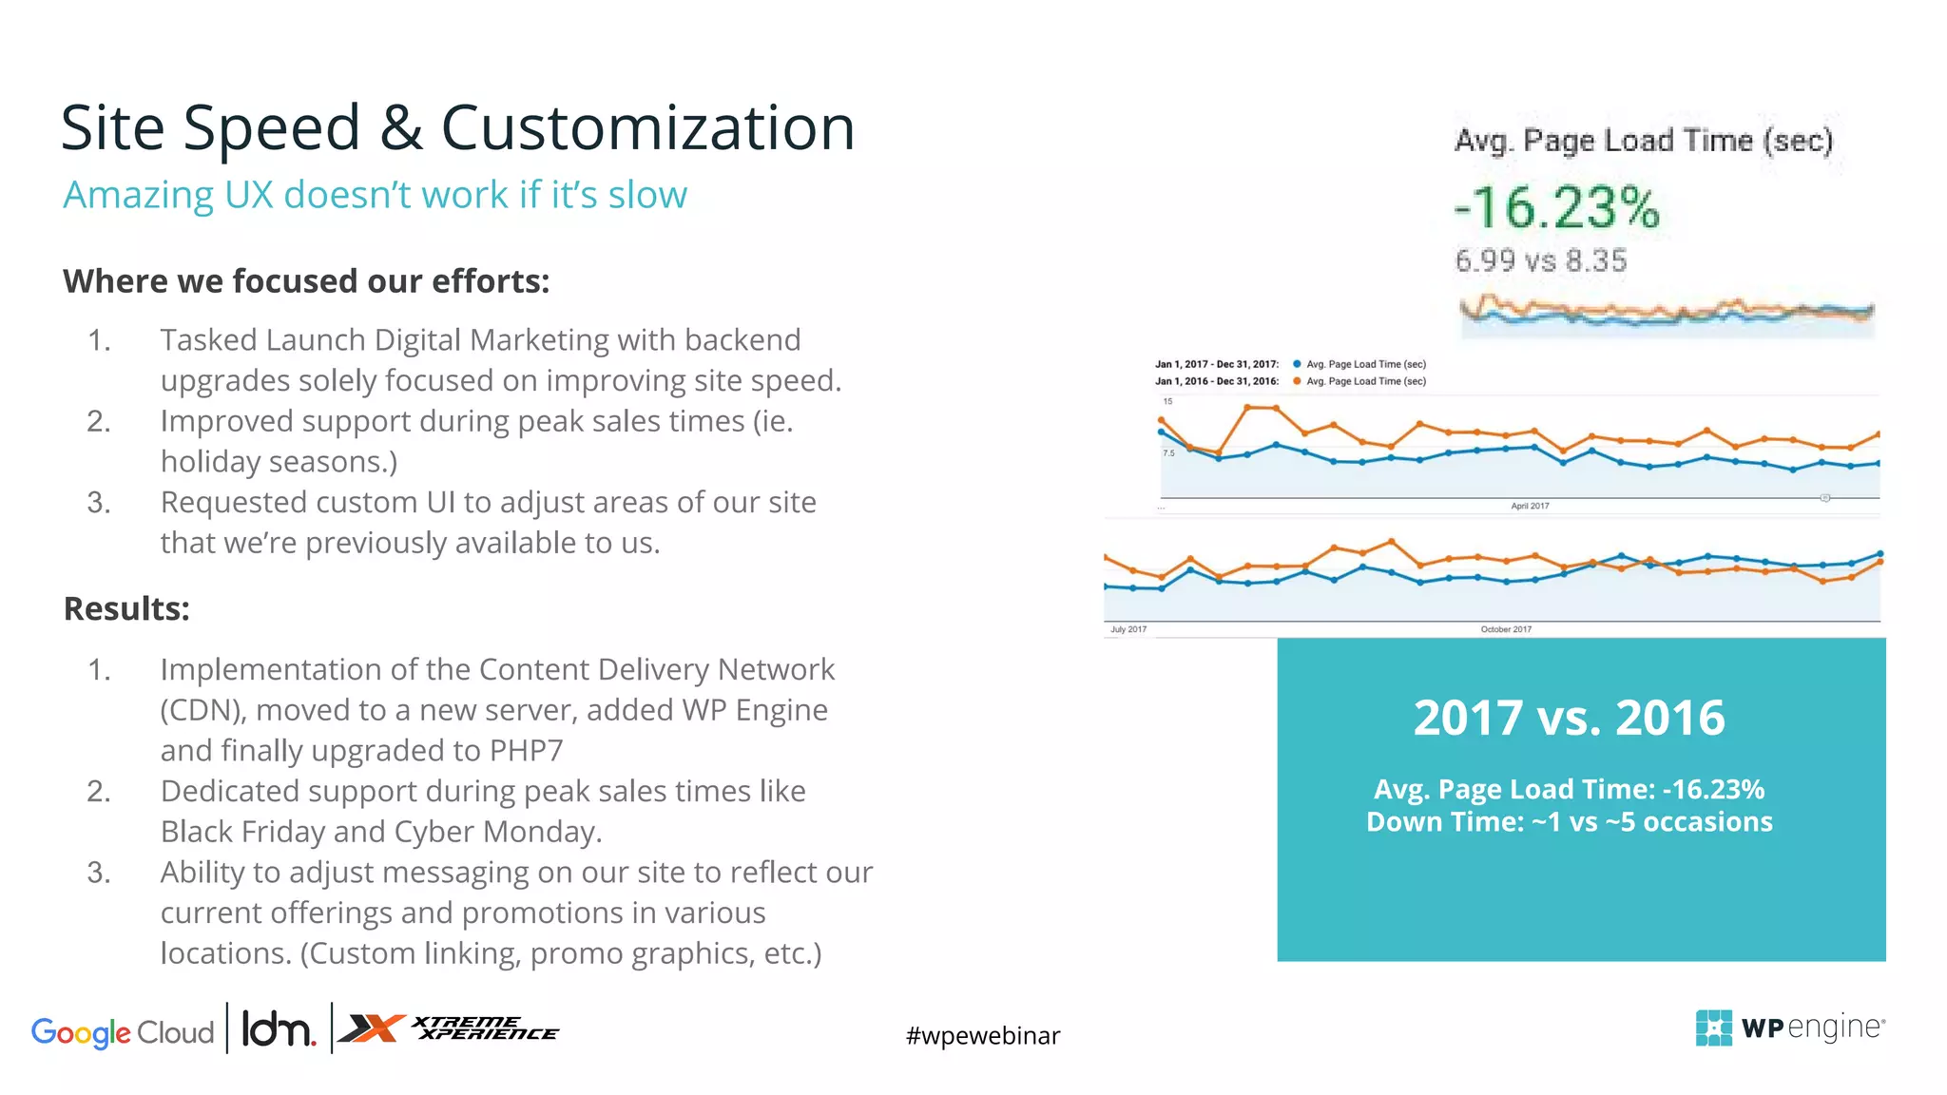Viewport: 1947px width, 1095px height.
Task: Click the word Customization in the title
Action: [647, 128]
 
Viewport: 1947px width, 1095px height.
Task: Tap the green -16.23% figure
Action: [1556, 207]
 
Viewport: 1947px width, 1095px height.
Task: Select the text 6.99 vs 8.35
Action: [1540, 260]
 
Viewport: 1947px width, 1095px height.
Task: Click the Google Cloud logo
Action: [123, 1031]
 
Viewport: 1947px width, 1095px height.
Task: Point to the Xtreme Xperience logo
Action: [449, 1028]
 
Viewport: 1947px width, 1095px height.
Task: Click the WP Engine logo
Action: [1789, 1028]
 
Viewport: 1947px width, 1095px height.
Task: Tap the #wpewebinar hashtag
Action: [982, 1035]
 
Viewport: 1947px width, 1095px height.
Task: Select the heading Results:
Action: [126, 608]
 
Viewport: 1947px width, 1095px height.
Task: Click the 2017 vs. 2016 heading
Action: [1569, 718]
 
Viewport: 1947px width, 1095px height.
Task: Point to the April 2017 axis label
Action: [1530, 506]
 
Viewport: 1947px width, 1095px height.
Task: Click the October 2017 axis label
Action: [1506, 629]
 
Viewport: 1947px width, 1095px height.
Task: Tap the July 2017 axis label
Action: [1128, 629]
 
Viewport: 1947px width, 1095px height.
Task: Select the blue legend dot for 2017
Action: [1297, 364]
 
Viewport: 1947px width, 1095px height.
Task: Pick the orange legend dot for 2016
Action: [1297, 381]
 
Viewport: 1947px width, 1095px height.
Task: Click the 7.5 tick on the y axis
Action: [1168, 453]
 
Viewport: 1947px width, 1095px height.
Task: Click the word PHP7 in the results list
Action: [526, 751]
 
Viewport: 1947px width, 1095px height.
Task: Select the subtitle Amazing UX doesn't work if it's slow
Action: [375, 195]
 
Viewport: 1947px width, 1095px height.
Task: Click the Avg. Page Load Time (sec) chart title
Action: [1643, 141]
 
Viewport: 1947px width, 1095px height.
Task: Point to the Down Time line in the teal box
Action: [1569, 822]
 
